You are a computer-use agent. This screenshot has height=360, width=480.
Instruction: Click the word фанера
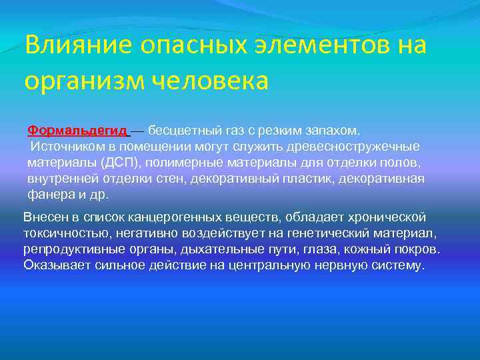point(47,195)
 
